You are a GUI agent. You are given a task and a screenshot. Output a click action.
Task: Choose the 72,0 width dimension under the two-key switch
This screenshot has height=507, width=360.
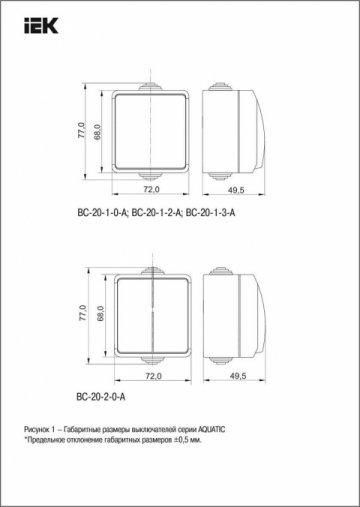pos(152,376)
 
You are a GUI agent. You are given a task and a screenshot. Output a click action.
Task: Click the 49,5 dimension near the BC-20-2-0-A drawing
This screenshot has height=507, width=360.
pos(237,376)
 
